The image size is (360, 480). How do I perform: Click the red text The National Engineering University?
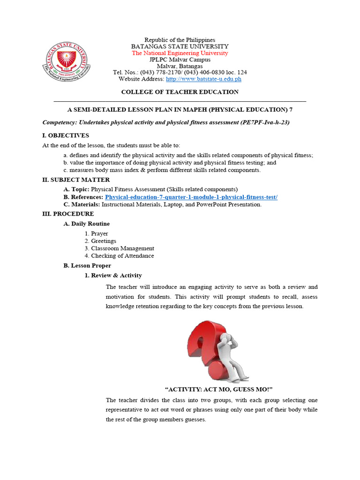(180, 53)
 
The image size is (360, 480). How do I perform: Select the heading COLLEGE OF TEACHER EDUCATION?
(180, 92)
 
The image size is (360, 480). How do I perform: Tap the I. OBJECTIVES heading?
(66, 135)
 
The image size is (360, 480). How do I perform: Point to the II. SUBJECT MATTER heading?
(76, 180)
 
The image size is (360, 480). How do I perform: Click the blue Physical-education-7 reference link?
(191, 197)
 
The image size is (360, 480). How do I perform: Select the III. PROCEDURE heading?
(68, 214)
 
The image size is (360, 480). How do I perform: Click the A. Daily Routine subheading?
(87, 224)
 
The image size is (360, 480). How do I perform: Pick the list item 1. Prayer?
(97, 233)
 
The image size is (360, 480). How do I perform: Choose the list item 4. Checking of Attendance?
(119, 256)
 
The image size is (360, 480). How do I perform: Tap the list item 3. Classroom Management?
(119, 248)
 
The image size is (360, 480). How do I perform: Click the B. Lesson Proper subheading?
(87, 266)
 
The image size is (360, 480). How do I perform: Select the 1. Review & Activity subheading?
(113, 276)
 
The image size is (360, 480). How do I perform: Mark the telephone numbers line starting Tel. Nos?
(180, 73)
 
